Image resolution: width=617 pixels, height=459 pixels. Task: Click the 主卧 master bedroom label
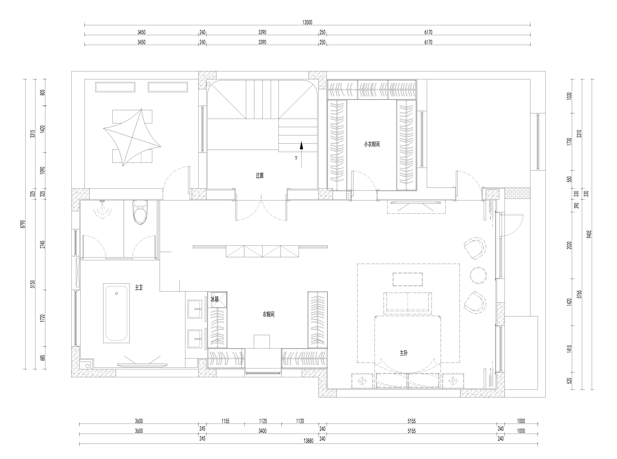tap(404, 353)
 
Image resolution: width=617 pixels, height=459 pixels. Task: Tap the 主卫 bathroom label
tap(139, 288)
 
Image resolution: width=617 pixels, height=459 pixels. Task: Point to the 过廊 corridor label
tap(260, 176)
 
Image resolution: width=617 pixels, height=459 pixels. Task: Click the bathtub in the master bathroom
tap(117, 313)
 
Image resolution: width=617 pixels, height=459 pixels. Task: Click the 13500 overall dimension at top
tap(307, 22)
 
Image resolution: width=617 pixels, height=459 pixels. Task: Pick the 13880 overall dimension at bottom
tap(309, 441)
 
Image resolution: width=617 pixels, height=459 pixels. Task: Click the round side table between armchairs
tap(478, 275)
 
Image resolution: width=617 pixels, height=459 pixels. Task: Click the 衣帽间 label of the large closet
tap(269, 314)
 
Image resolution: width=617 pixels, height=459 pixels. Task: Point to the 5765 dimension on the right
tap(579, 294)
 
